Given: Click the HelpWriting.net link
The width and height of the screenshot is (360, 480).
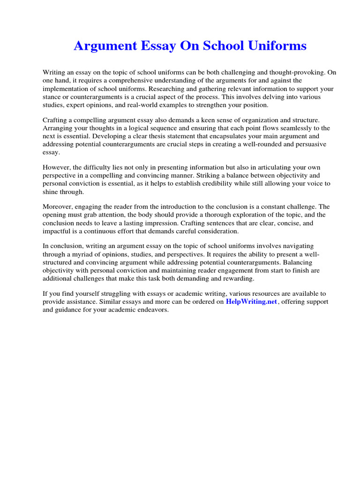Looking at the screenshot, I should (252, 302).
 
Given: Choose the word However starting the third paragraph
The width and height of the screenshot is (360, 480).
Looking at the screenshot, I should (56, 168).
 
